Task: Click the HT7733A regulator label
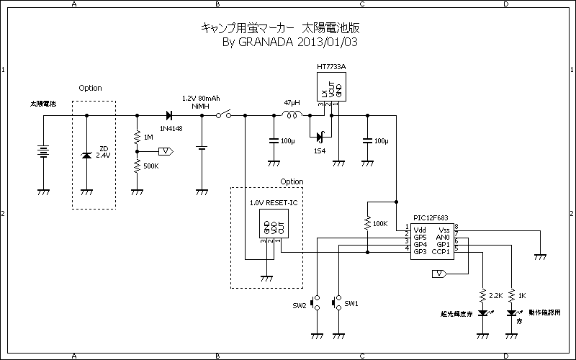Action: [x=331, y=67]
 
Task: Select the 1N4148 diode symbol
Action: [x=168, y=115]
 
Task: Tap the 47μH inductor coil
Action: [x=292, y=115]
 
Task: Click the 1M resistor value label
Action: [x=148, y=137]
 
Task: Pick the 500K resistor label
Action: [x=151, y=166]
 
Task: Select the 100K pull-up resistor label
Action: [x=379, y=223]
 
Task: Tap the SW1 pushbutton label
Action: [x=351, y=303]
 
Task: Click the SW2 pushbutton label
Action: [x=299, y=306]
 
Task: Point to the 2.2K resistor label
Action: [x=495, y=295]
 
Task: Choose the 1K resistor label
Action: [x=522, y=295]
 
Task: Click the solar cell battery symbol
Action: [x=43, y=152]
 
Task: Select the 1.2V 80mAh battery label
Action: [x=201, y=98]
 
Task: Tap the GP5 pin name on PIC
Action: [x=420, y=236]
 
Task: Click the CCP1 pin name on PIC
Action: [x=441, y=251]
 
